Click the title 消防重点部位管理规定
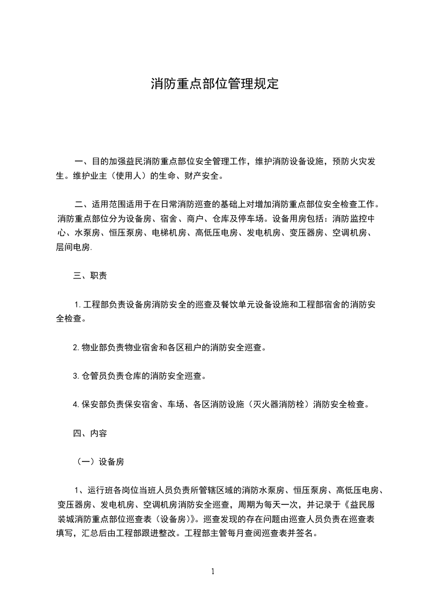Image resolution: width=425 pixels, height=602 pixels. click(214, 84)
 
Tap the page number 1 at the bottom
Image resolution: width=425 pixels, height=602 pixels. click(213, 571)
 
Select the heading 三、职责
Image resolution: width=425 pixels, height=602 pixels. click(90, 276)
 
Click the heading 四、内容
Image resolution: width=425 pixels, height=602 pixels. click(90, 433)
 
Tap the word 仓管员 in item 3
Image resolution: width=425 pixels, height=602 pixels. click(96, 376)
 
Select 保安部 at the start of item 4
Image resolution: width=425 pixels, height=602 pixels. click(96, 405)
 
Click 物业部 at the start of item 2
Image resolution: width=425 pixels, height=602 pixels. click(96, 347)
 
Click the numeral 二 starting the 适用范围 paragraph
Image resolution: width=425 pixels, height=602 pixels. click(78, 204)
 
